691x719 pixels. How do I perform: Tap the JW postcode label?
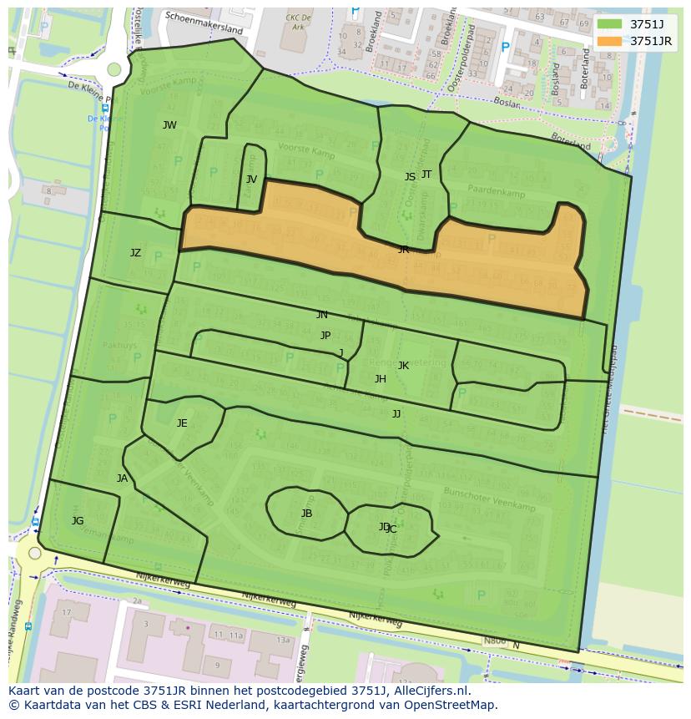[169, 125]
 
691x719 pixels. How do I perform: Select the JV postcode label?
[251, 180]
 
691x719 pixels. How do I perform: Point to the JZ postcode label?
[135, 253]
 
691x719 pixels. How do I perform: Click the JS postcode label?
[410, 177]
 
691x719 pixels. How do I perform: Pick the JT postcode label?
[426, 175]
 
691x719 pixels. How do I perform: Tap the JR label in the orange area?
[403, 250]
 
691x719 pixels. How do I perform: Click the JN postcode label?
[322, 315]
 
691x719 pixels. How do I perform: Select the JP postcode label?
[325, 336]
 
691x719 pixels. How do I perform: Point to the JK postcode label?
[403, 366]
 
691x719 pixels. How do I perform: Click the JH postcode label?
[381, 379]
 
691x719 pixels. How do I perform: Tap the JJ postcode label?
[396, 414]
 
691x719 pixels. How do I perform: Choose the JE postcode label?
[182, 423]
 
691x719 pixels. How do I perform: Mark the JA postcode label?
[123, 478]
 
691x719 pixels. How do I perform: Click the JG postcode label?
[78, 521]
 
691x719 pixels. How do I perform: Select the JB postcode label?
[306, 514]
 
